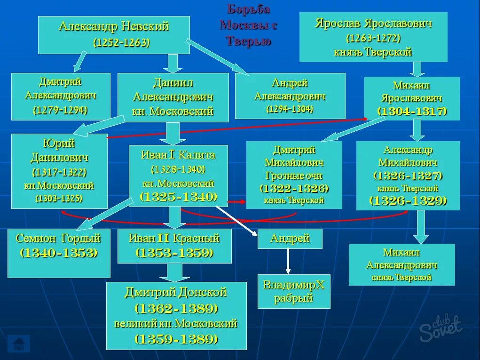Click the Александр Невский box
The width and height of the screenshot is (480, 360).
(x=113, y=35)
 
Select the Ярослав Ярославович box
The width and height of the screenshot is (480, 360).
(x=373, y=37)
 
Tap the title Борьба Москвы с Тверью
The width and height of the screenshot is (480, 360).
(x=248, y=25)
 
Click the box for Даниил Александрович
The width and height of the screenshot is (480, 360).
(x=173, y=97)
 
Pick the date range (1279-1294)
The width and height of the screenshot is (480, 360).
(x=60, y=110)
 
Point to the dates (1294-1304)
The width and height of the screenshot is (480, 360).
(x=290, y=109)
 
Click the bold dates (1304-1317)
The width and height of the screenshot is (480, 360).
(x=411, y=112)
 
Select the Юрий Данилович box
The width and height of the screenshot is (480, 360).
(x=59, y=171)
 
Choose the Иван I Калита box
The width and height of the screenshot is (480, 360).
(x=178, y=176)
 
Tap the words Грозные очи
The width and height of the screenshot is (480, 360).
(x=294, y=176)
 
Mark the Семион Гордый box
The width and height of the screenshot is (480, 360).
(x=59, y=253)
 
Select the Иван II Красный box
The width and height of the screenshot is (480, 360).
(x=174, y=246)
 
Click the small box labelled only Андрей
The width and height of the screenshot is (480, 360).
(x=290, y=239)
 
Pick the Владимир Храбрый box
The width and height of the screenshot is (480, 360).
(x=294, y=291)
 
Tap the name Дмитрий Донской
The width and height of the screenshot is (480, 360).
(x=176, y=292)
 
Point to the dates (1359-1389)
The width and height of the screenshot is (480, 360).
(x=176, y=339)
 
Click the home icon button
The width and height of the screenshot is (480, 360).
(x=19, y=343)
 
